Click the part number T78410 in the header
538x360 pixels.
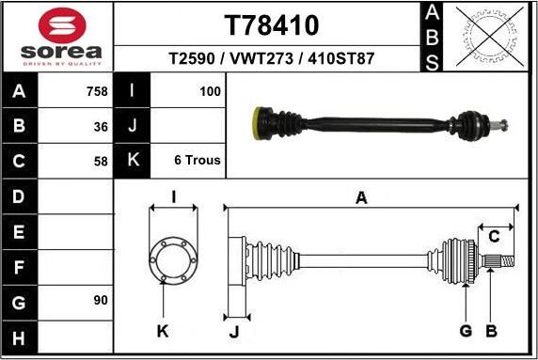click(271, 23)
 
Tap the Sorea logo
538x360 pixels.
click(59, 37)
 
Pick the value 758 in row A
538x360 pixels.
click(95, 92)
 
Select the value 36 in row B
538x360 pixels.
click(101, 126)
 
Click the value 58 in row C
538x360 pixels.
click(101, 160)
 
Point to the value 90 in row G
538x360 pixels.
click(101, 301)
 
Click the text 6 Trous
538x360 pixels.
click(198, 160)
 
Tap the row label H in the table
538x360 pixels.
click(20, 337)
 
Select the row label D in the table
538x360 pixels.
click(20, 196)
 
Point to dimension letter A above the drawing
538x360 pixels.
click(361, 197)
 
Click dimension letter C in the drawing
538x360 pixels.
click(494, 235)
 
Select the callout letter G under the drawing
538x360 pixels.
click(465, 331)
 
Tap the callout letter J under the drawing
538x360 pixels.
click(234, 331)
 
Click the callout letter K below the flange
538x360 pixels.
click(163, 331)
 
